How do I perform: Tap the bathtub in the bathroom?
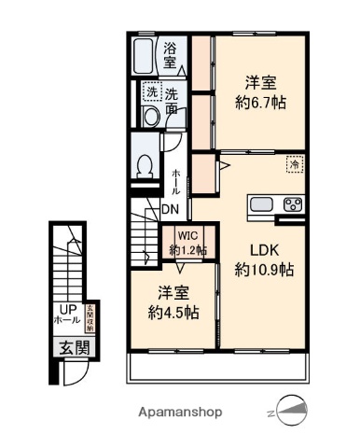coord(144,58)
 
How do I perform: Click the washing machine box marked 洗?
coord(151,93)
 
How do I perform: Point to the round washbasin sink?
coord(150,115)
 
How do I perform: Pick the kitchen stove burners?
coord(293,205)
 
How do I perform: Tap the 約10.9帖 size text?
coord(264,270)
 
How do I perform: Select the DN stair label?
coord(171,209)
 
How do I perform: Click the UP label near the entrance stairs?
coord(67,309)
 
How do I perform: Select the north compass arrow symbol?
coord(292,410)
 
